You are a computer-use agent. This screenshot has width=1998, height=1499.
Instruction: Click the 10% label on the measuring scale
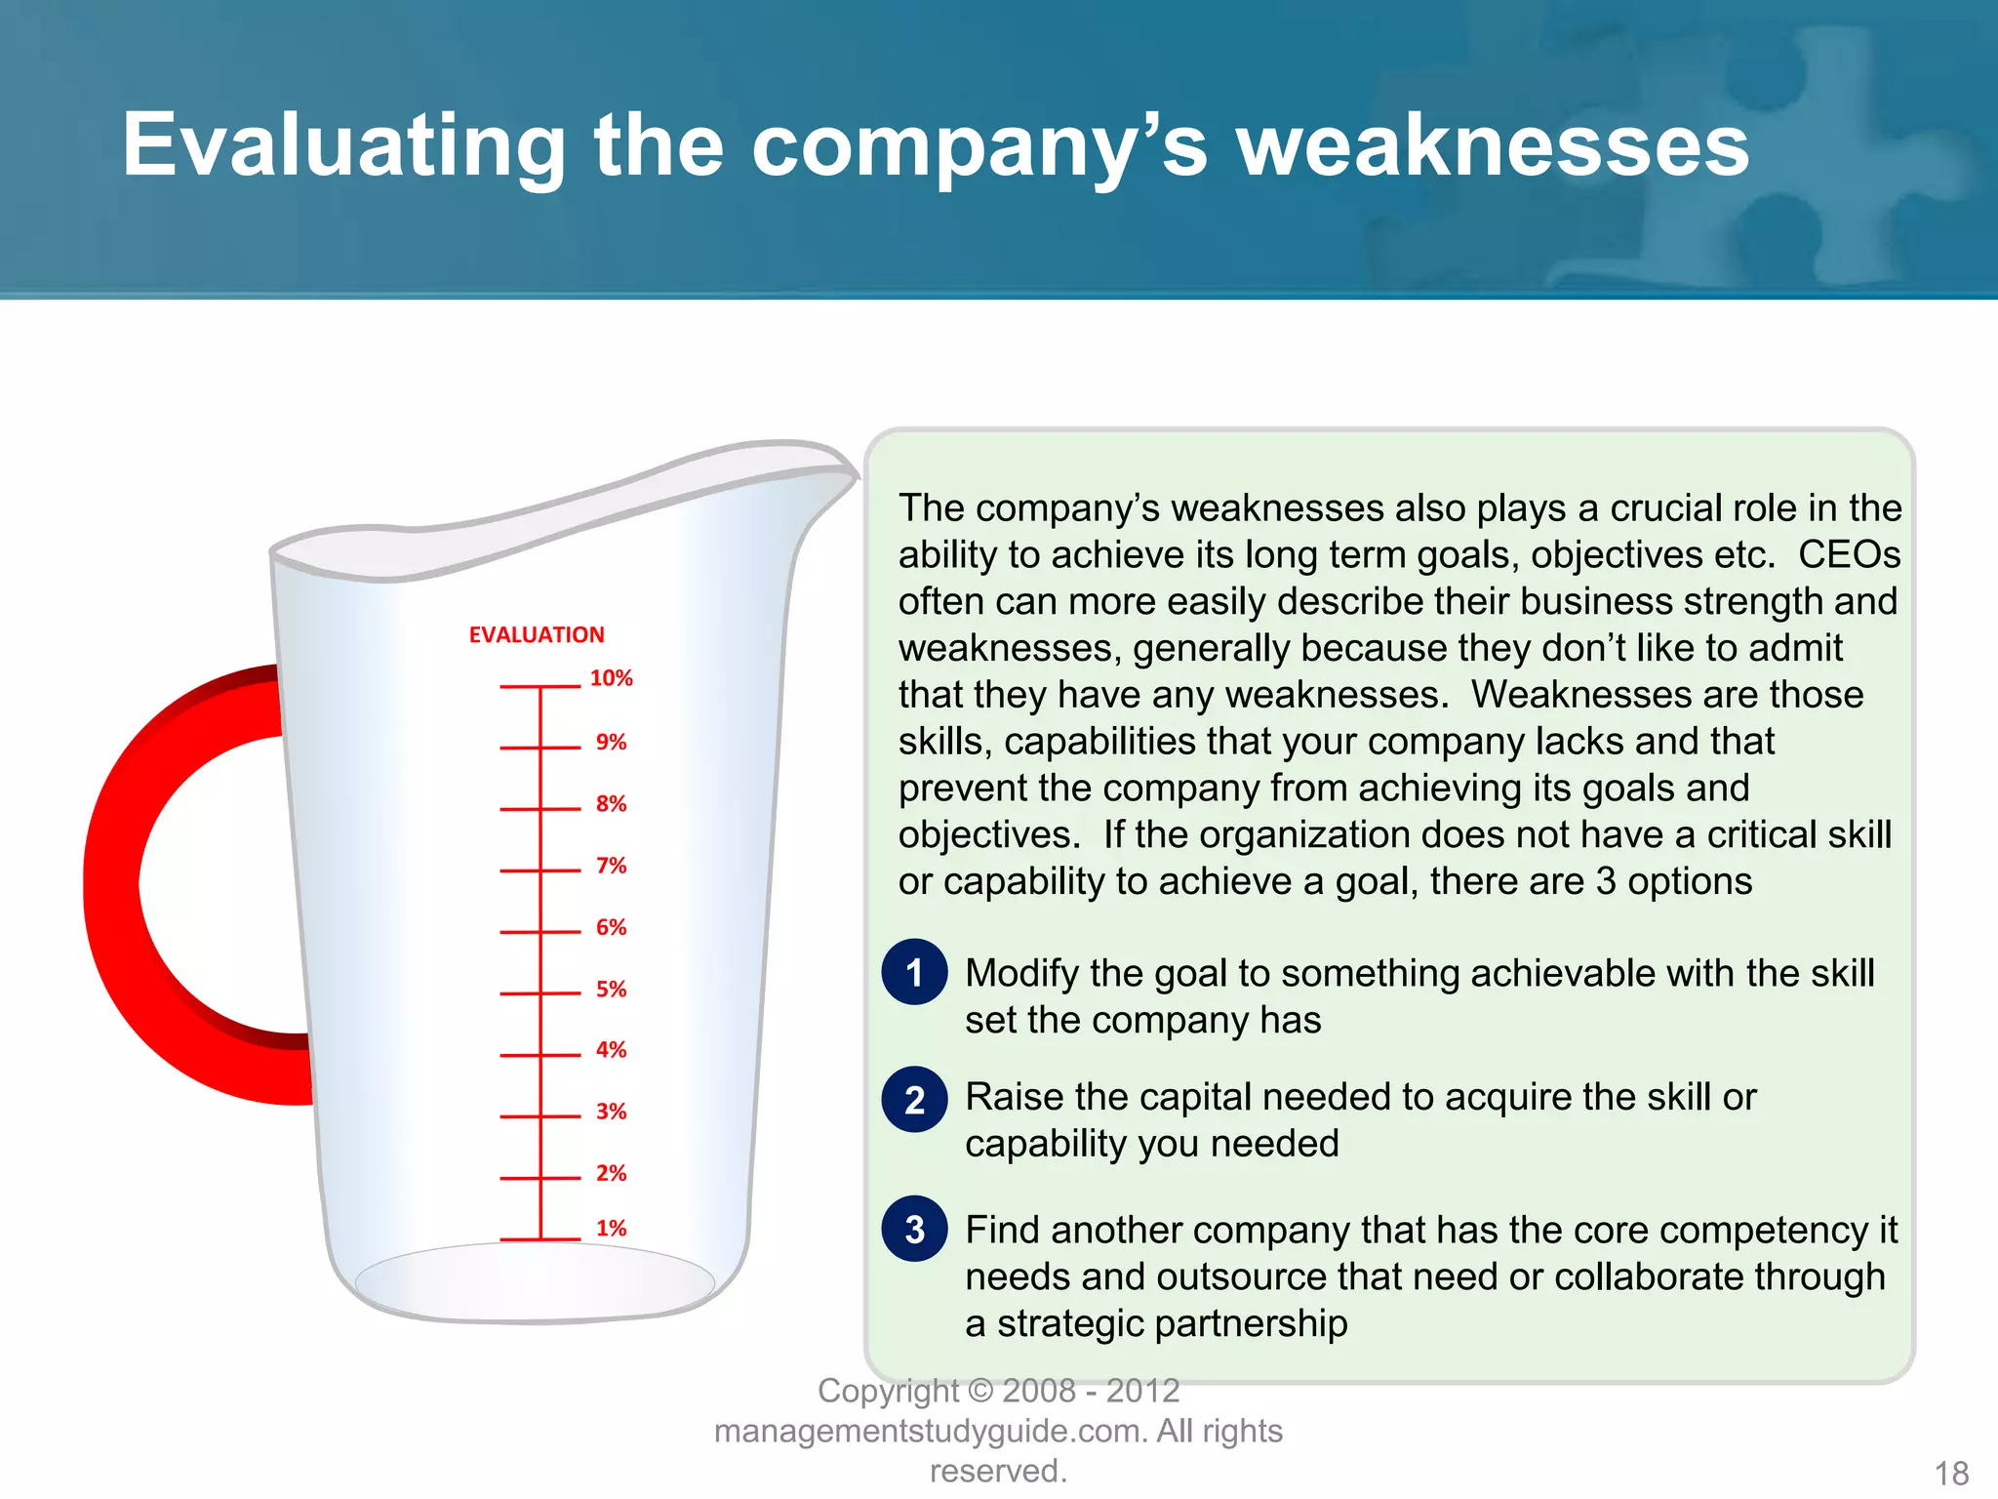coord(611,678)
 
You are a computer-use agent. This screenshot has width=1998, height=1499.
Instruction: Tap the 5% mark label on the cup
coord(611,989)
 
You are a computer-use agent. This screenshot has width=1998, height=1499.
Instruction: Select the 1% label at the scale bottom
coord(611,1228)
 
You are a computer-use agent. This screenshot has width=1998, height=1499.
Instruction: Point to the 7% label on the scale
coord(611,866)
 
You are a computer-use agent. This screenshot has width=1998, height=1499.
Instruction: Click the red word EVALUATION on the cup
coord(537,635)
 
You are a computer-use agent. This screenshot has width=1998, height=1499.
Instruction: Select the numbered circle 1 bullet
coord(914,972)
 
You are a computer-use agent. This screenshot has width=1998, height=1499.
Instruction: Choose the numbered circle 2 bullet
coord(914,1100)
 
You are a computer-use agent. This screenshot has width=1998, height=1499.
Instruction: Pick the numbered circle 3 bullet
coord(914,1229)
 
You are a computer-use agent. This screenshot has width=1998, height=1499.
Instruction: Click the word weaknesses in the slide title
coord(1493,146)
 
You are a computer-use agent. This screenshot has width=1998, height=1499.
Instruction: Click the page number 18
coord(1951,1473)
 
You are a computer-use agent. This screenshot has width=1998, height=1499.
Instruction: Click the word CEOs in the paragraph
coord(1849,555)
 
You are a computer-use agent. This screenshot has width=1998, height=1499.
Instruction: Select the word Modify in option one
coord(1021,974)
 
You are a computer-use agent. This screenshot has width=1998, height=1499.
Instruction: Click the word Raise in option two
coord(1012,1098)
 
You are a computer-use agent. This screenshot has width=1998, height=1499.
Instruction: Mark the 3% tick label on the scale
coord(611,1112)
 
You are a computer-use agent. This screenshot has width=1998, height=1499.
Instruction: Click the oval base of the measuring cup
coord(535,1280)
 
